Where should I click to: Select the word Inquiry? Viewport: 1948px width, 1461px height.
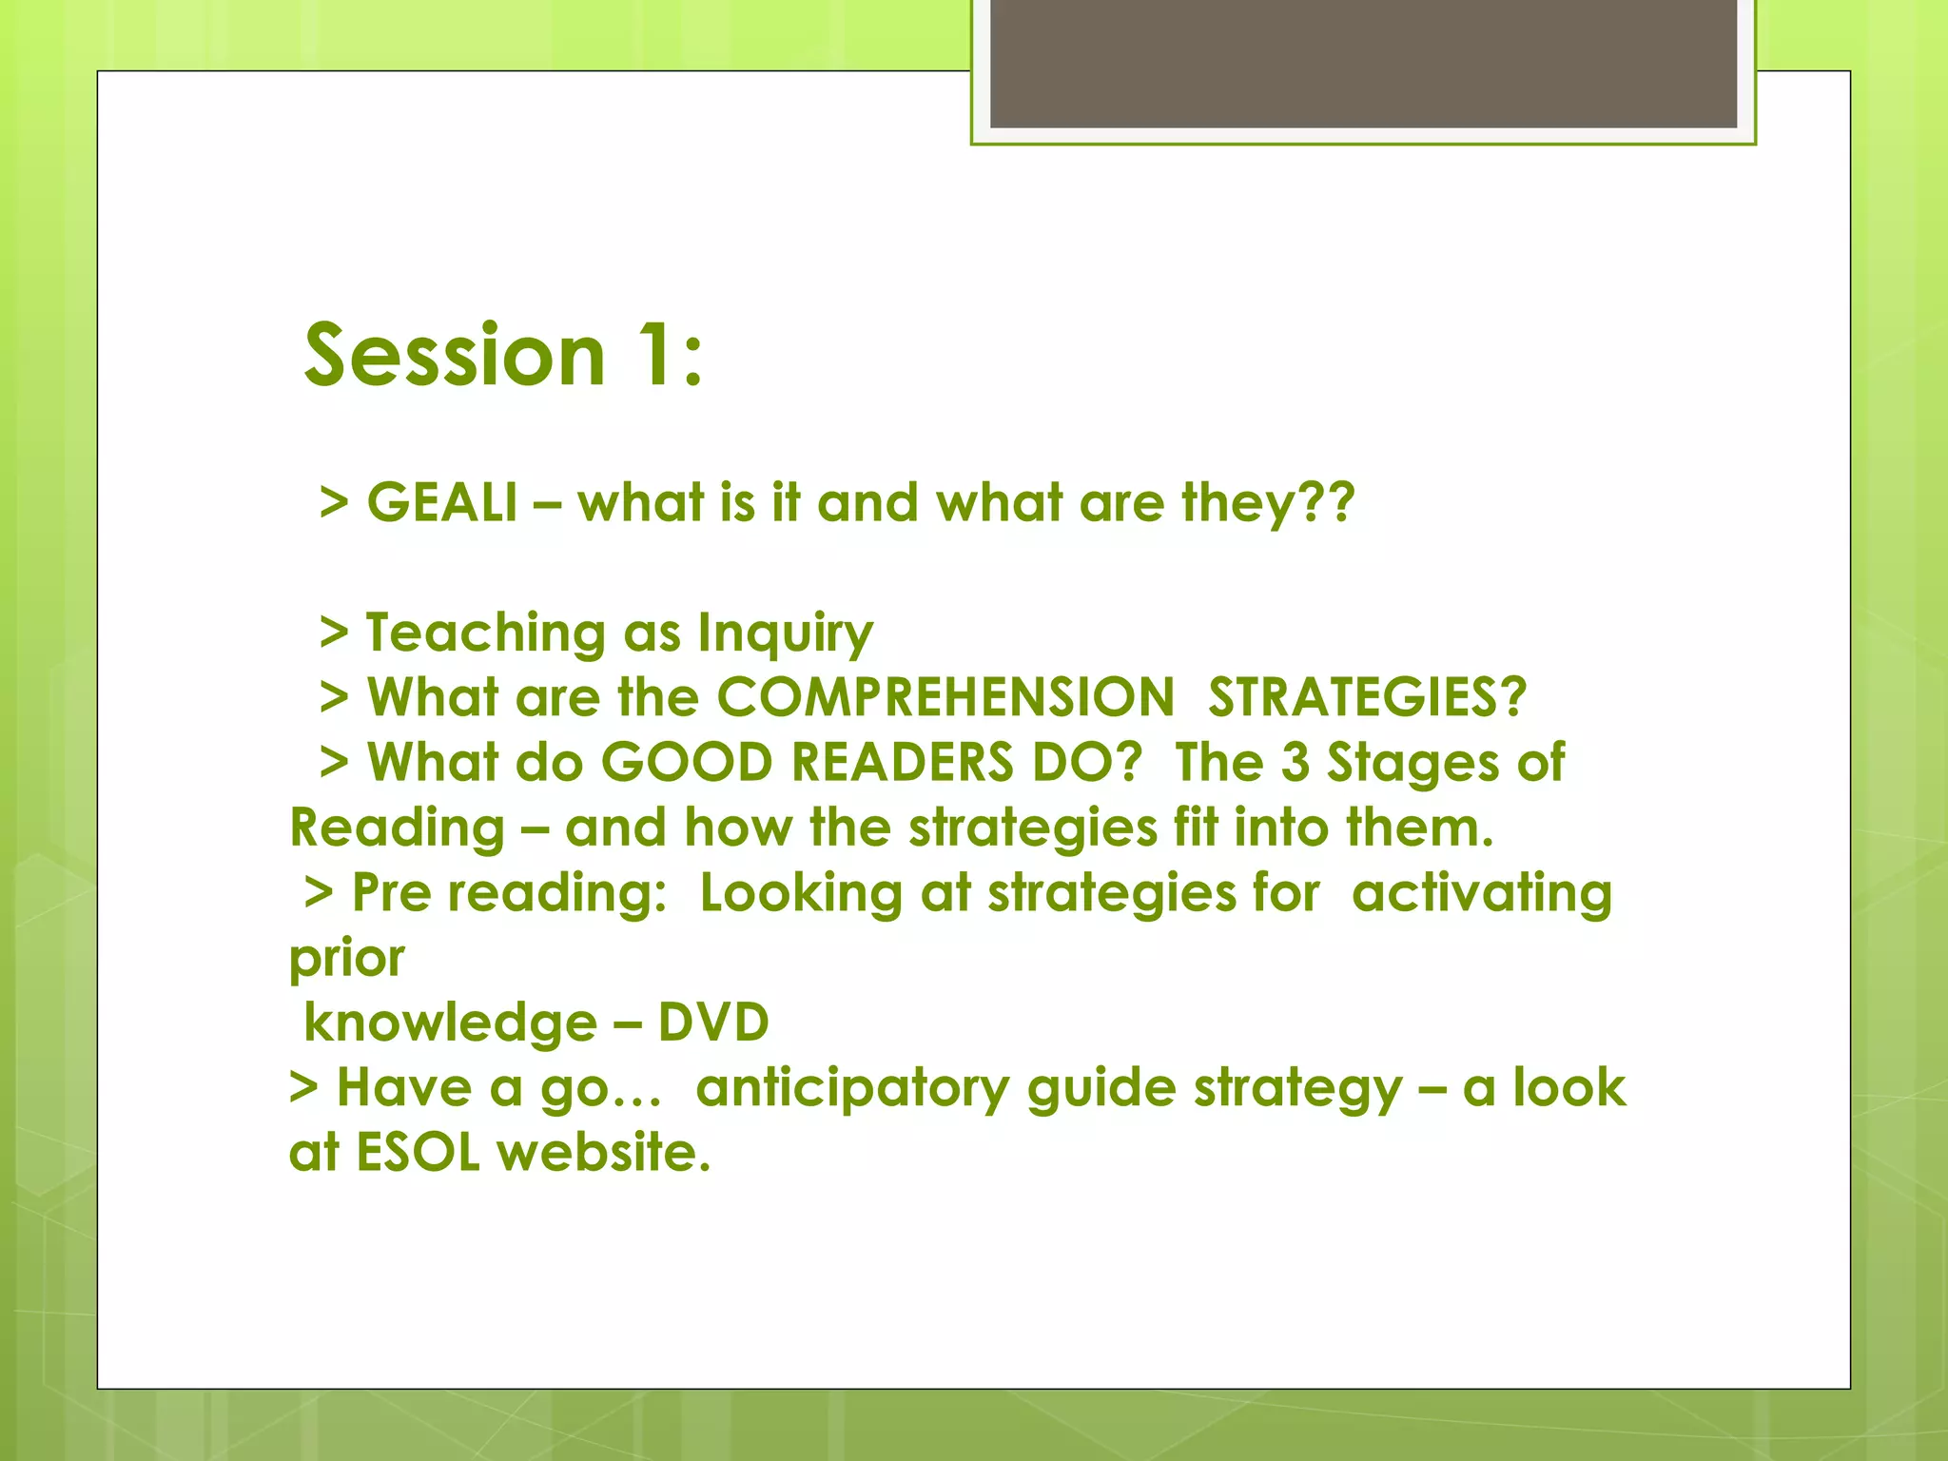pyautogui.click(x=785, y=633)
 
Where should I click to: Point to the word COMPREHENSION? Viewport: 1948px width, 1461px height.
pyautogui.click(x=945, y=697)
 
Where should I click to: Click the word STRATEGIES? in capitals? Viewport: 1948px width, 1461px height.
pyautogui.click(x=1367, y=697)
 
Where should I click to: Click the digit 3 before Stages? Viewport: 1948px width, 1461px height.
pyautogui.click(x=1295, y=763)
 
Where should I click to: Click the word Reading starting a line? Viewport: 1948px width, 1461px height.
pyautogui.click(x=398, y=828)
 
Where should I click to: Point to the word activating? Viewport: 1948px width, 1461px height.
pyautogui.click(x=1481, y=893)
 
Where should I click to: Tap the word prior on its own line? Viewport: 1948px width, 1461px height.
pyautogui.click(x=347, y=959)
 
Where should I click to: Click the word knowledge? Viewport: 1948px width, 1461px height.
pyautogui.click(x=450, y=1023)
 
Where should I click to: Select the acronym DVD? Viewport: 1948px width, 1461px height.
pyautogui.click(x=713, y=1023)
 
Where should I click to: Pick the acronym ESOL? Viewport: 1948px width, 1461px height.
pyautogui.click(x=418, y=1153)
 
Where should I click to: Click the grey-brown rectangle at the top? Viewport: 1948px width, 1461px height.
pyautogui.click(x=1363, y=63)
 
